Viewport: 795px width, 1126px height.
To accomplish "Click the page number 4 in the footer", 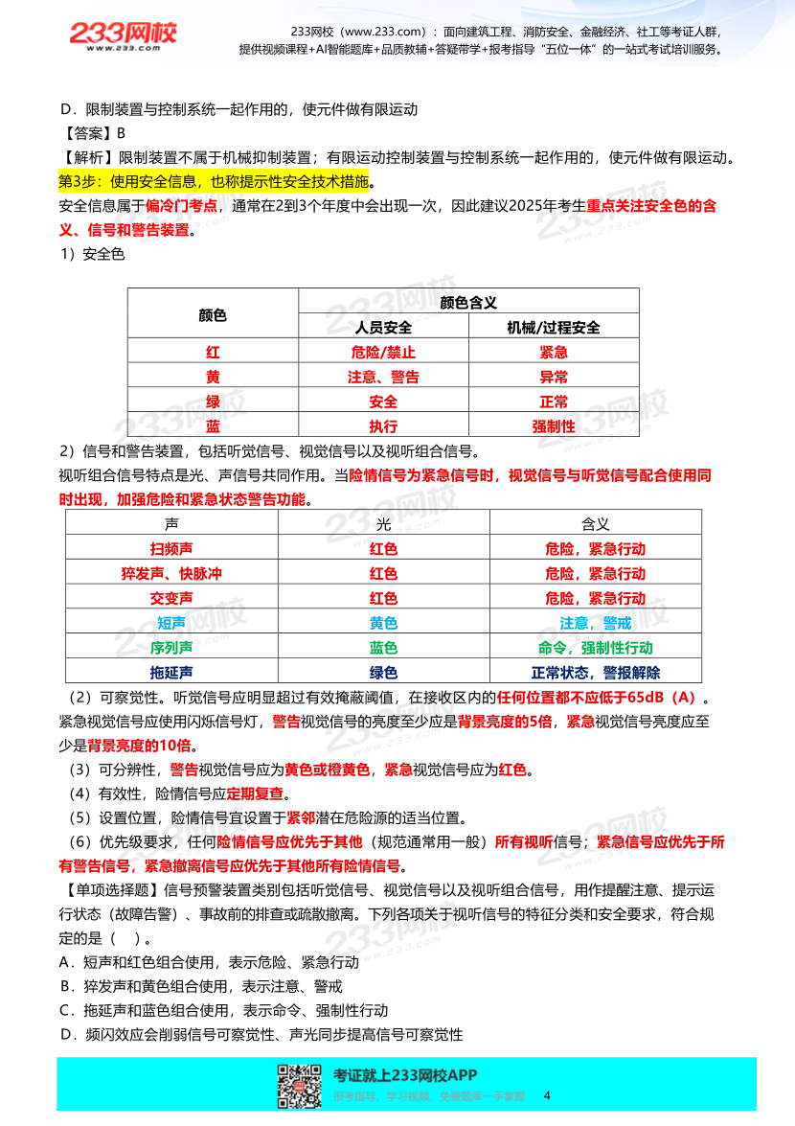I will tap(547, 1095).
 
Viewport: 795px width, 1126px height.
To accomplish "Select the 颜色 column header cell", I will tap(213, 314).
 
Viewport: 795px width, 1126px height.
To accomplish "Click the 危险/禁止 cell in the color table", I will tap(383, 353).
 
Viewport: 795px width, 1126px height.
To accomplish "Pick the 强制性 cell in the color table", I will tap(554, 426).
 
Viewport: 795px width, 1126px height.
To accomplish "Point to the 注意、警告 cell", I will tap(383, 378).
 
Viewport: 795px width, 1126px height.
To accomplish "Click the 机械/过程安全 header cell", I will tap(554, 328).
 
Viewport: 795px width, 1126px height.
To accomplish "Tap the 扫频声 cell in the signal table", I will tap(171, 549).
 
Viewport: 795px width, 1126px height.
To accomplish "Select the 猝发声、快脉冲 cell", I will tap(171, 574).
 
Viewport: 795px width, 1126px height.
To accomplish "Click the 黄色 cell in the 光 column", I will tap(383, 623).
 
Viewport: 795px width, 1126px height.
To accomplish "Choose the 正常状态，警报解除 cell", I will tap(595, 673).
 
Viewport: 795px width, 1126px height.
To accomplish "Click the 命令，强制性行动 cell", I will tap(595, 648).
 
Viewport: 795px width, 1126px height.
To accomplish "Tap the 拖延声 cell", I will tap(171, 673).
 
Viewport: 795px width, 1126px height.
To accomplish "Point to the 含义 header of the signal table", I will tap(595, 524).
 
